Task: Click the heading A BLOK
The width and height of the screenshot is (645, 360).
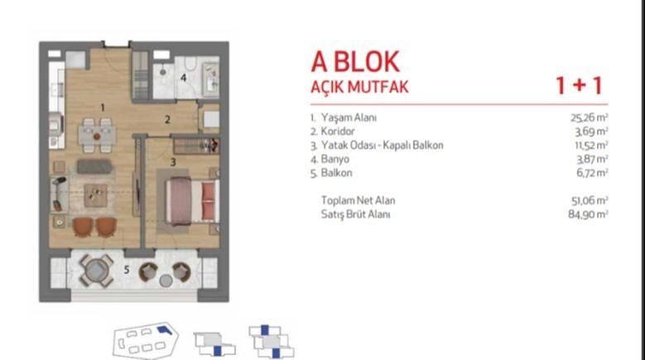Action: [x=355, y=61]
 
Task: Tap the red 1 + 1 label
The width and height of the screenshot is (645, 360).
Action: [x=580, y=85]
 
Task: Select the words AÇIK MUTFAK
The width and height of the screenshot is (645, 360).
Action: [x=359, y=87]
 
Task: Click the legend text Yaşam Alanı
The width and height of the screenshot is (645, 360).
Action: [x=349, y=118]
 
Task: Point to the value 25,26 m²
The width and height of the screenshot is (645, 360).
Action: [x=589, y=118]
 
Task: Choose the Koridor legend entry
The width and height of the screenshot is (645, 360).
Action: [x=338, y=132]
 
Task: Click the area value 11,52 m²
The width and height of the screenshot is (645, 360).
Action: [x=591, y=146]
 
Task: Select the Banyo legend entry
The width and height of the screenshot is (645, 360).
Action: [x=335, y=159]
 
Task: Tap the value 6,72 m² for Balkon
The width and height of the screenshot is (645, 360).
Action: [x=592, y=173]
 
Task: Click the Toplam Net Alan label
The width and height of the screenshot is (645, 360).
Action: [x=358, y=200]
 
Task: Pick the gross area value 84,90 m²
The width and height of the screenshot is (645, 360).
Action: [x=588, y=214]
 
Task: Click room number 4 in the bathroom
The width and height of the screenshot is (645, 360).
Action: [x=184, y=77]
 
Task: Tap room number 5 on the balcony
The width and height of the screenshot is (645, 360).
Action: [x=127, y=270]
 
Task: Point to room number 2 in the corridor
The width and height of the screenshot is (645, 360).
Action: [x=167, y=120]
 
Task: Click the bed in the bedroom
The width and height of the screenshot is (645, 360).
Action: [x=193, y=200]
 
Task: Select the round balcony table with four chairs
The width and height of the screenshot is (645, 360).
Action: [x=96, y=270]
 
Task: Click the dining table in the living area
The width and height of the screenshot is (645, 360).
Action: [x=97, y=135]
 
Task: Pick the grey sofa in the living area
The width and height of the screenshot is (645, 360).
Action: [x=94, y=166]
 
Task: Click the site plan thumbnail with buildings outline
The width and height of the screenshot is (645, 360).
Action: [x=146, y=341]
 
